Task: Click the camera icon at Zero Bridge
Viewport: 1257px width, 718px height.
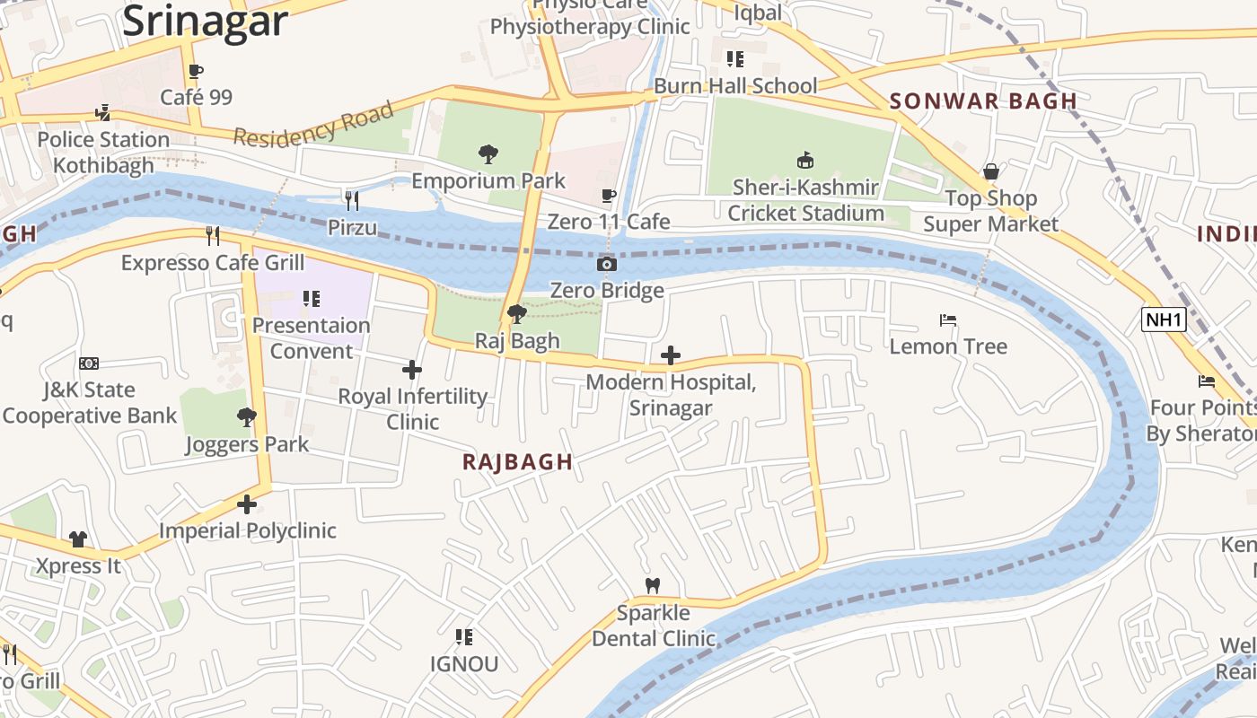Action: (x=607, y=264)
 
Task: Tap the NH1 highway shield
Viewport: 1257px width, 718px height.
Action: (x=1164, y=320)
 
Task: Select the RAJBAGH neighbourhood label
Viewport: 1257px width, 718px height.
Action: (x=517, y=462)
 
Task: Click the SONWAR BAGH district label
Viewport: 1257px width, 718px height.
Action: (x=983, y=101)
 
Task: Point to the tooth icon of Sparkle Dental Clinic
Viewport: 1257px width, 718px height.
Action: (x=653, y=585)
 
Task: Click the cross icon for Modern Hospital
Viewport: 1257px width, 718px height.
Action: (x=670, y=356)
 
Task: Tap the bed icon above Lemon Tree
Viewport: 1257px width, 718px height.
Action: (x=948, y=320)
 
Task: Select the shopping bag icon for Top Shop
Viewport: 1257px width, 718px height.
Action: (x=991, y=171)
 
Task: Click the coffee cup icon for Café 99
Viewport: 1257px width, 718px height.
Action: (x=196, y=71)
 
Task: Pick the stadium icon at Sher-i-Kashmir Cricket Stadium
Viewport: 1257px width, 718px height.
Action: (x=805, y=161)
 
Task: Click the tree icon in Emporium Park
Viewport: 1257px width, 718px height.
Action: (x=488, y=154)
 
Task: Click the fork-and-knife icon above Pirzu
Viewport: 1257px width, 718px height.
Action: (x=352, y=200)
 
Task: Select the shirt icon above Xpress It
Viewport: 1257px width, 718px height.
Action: (x=78, y=539)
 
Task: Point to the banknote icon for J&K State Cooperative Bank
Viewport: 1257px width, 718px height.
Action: (x=89, y=363)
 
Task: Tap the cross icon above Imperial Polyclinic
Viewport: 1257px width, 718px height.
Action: (x=247, y=504)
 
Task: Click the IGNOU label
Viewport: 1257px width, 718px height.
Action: (x=463, y=664)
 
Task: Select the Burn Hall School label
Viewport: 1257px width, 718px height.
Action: (x=735, y=86)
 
